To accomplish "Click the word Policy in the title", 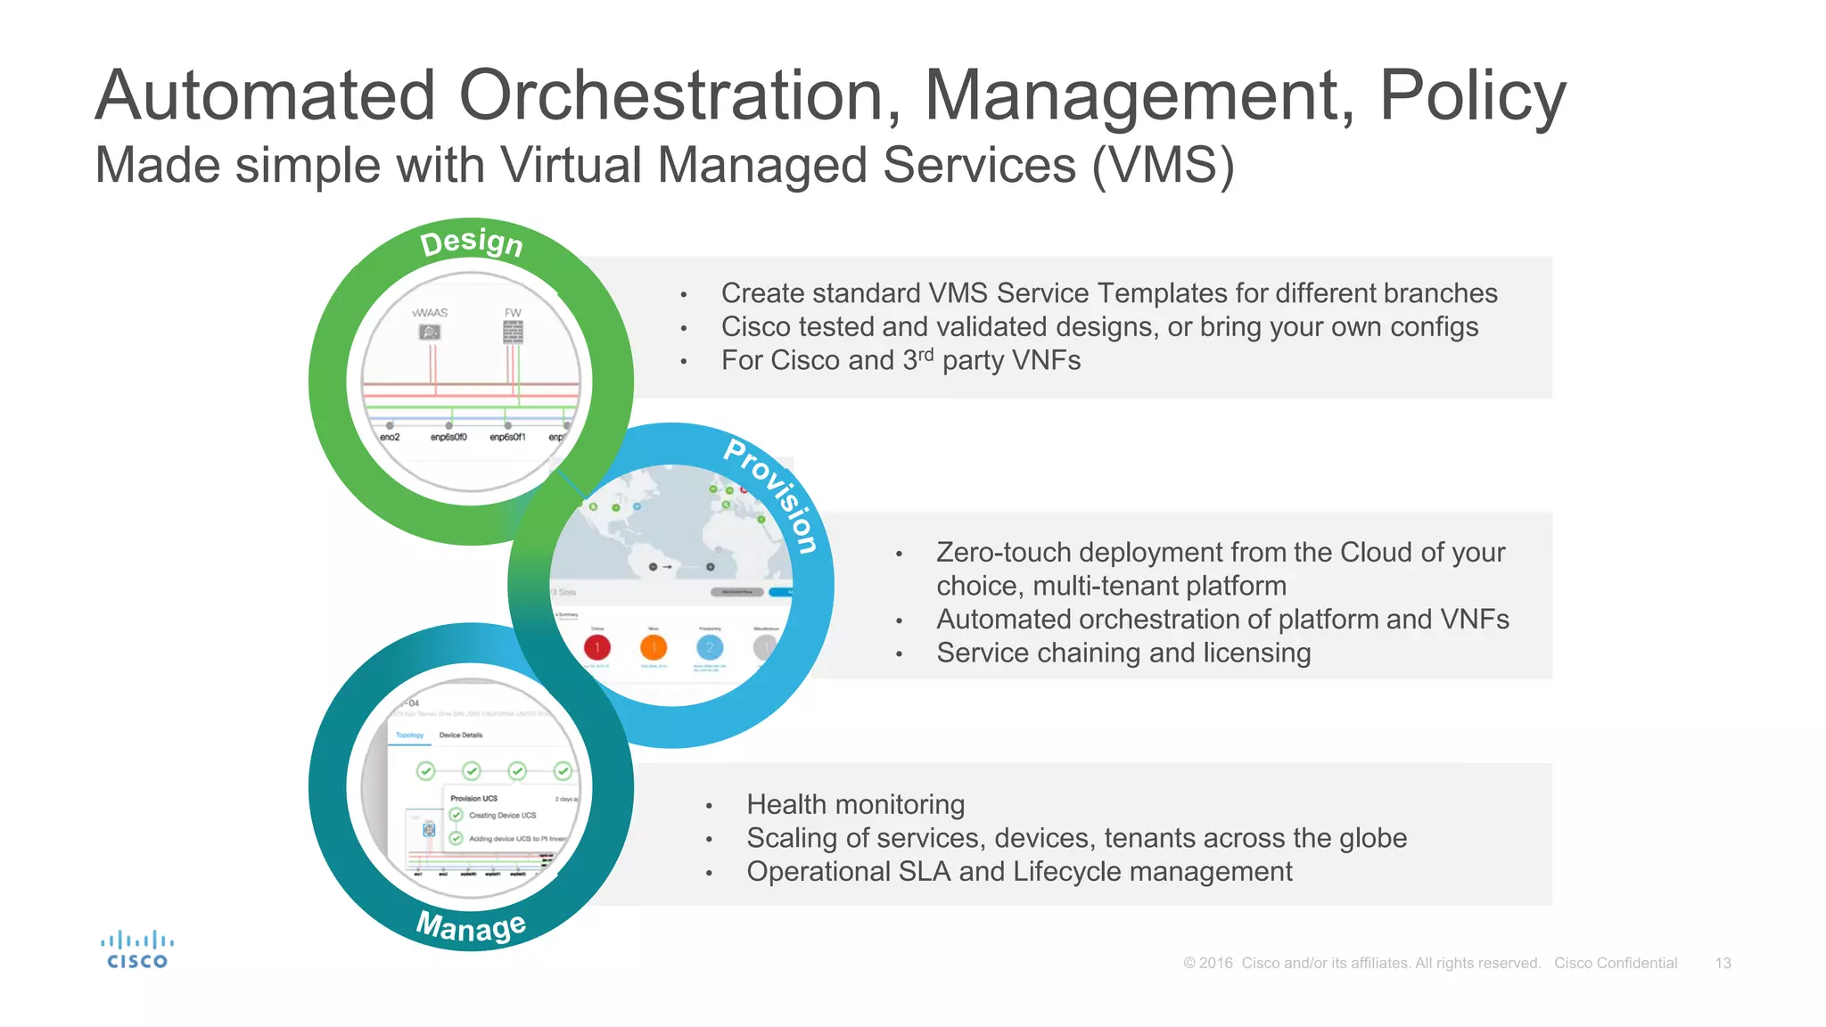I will [1472, 95].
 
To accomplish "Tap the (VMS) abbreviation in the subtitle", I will [1164, 166].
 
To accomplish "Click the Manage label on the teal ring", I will [471, 926].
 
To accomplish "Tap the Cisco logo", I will [137, 950].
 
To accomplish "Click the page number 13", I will [1723, 963].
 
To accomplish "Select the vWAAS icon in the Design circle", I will [430, 333].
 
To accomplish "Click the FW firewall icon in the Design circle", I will [513, 333].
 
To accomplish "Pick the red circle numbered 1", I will [597, 647].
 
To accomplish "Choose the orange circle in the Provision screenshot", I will [654, 647].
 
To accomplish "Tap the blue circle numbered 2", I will [710, 647].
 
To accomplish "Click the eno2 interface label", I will [390, 437].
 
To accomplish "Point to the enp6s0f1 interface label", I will [507, 437].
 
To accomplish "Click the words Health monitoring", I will [855, 804].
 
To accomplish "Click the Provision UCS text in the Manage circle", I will [473, 799].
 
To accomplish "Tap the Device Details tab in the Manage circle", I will [460, 735].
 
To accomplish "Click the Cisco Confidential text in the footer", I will [1616, 963].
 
